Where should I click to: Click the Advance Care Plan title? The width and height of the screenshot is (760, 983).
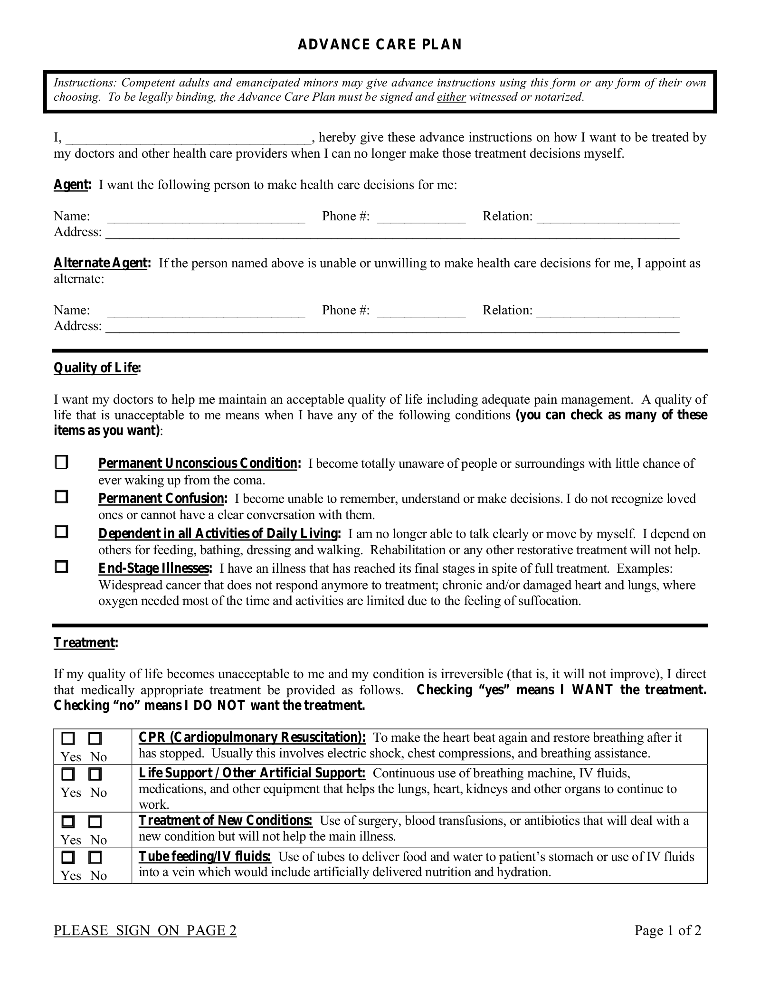tap(380, 44)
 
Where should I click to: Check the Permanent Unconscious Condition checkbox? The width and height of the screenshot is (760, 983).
tap(61, 462)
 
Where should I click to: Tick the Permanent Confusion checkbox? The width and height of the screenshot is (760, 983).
tap(61, 497)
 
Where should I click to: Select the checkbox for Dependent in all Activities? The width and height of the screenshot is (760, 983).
tap(61, 532)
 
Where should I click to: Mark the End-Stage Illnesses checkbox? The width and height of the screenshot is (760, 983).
tap(61, 567)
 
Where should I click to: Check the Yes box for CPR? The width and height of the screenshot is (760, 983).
tap(68, 739)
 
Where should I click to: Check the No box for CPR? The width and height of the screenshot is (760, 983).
tap(95, 739)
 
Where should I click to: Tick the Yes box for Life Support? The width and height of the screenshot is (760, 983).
tap(68, 775)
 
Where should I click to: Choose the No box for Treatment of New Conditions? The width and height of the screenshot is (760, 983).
tap(95, 822)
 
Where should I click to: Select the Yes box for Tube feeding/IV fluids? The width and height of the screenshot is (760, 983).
tap(68, 858)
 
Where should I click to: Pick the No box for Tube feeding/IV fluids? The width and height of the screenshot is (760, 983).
tap(95, 858)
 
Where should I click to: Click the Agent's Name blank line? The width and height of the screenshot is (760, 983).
tap(206, 217)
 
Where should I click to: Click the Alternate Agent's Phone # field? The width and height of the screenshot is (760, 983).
tap(421, 312)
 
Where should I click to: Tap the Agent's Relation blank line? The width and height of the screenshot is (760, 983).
tap(608, 217)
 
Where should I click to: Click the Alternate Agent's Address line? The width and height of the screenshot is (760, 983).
tap(392, 328)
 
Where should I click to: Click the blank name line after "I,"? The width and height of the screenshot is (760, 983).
tap(188, 139)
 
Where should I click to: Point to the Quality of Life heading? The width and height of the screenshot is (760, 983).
tap(97, 368)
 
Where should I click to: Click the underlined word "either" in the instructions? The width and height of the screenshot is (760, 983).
tap(451, 97)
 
